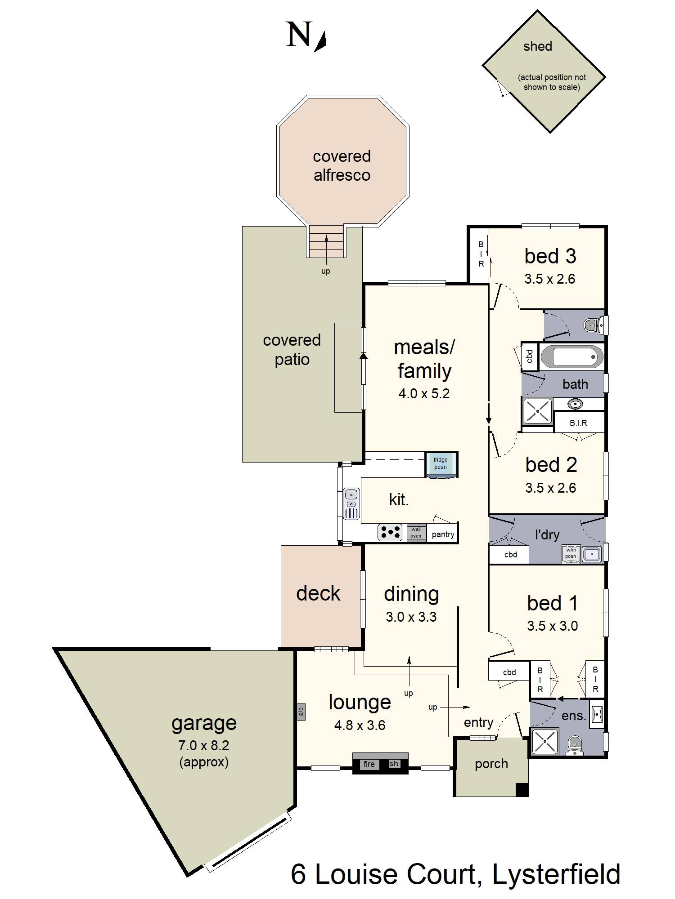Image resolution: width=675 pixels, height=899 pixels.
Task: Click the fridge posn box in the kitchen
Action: pos(441,463)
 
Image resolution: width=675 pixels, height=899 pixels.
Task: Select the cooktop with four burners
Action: pos(390,532)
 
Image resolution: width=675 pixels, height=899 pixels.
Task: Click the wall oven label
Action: pos(416,533)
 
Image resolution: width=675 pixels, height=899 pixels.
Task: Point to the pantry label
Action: pos(443,534)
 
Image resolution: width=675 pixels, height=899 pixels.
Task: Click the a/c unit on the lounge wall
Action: pos(301,711)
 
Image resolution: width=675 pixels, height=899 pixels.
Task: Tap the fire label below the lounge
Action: pos(369,764)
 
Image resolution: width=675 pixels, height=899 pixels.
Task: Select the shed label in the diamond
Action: pos(538,46)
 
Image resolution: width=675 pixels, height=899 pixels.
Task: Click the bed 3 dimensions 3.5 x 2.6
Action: pos(549,279)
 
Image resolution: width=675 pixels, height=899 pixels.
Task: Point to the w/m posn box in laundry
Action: pos(571,553)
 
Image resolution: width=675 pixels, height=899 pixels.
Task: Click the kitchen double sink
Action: pos(351,504)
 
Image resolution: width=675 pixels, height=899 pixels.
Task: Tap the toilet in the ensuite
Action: pos(574,744)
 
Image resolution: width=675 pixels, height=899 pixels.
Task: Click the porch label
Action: pos(491,764)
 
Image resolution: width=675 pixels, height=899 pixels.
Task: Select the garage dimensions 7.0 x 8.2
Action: pos(203,745)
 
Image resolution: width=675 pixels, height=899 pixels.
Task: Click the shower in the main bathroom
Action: pos(537,411)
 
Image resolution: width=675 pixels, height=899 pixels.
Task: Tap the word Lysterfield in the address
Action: pos(556,874)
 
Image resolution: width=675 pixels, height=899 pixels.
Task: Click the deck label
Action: pos(318,593)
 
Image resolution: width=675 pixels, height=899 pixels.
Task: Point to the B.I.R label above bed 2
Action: pos(578,423)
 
